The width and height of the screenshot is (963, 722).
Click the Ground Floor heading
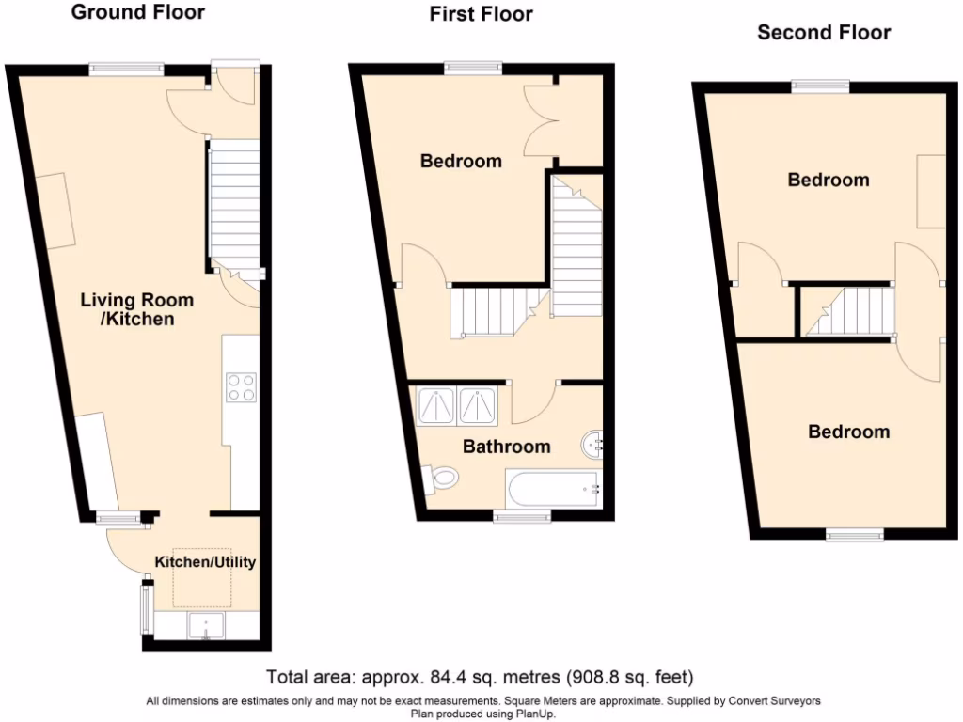[x=137, y=12]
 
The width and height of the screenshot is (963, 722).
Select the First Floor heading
[x=481, y=14]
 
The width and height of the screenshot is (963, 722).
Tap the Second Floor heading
[x=824, y=33]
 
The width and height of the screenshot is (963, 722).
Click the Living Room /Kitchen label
[x=136, y=309]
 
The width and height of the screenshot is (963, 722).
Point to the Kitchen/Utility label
[x=205, y=562]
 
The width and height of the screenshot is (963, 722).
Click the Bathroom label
[x=506, y=447]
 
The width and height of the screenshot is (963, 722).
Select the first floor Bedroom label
[x=461, y=161]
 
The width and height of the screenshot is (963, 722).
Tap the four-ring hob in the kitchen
[x=241, y=387]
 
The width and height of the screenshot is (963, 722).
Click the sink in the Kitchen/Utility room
[x=205, y=625]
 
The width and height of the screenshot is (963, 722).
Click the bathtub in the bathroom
[x=551, y=489]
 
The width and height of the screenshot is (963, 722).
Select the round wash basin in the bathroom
[x=592, y=442]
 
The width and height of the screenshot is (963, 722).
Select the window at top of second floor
[x=820, y=86]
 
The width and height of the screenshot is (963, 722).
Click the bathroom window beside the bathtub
[x=523, y=516]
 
